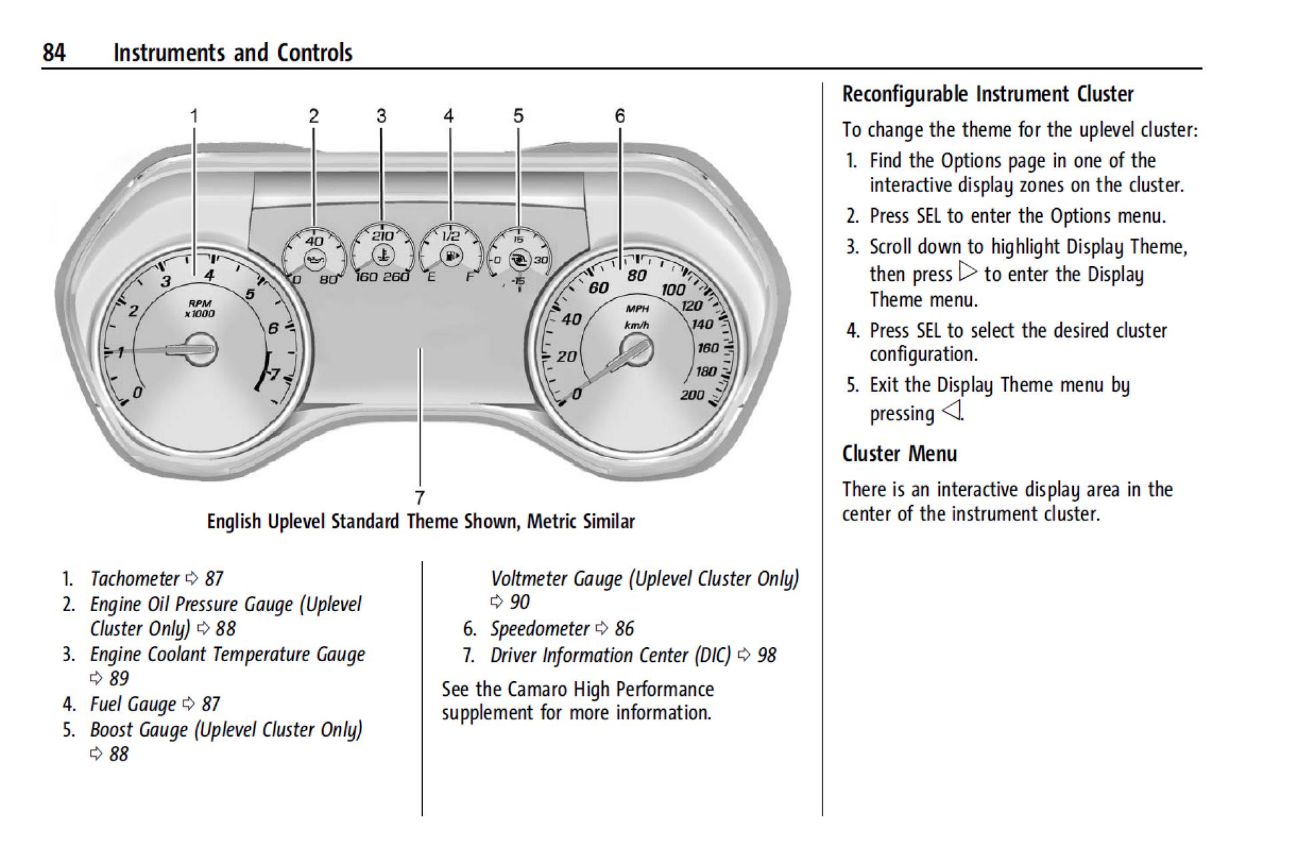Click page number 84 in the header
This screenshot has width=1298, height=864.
tap(54, 53)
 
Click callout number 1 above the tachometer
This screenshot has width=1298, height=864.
tap(194, 116)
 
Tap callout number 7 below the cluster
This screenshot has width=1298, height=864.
tap(420, 498)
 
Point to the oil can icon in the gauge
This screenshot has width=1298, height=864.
tap(315, 259)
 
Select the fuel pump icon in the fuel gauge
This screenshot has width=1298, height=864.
tap(452, 256)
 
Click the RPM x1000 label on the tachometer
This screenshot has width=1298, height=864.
tap(199, 308)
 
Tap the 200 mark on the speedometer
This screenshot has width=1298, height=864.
tap(692, 395)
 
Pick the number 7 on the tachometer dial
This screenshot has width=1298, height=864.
tap(273, 374)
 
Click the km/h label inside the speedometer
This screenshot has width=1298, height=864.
tap(636, 326)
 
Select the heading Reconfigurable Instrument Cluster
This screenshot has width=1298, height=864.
tap(987, 94)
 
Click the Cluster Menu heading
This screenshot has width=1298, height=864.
tap(899, 454)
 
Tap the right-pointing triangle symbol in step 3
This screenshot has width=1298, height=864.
tap(968, 271)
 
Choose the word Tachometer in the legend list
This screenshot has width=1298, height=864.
tap(135, 578)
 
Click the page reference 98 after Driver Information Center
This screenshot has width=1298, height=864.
tap(766, 655)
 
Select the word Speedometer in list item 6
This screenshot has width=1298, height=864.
tap(540, 628)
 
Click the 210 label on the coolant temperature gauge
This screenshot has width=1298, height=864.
tap(382, 236)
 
